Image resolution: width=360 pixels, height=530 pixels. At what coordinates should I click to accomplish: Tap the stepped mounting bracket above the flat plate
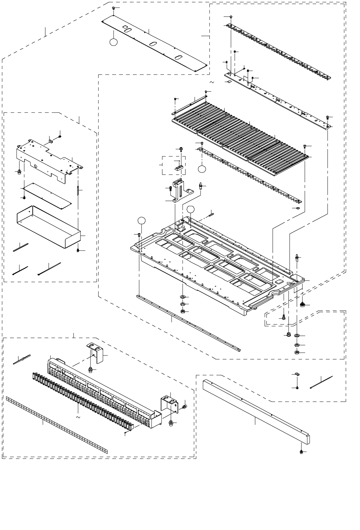[x=48, y=159]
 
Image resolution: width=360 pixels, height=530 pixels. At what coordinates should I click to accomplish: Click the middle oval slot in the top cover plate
[x=152, y=44]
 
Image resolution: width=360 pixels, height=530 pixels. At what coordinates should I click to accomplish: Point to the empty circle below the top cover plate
[x=113, y=42]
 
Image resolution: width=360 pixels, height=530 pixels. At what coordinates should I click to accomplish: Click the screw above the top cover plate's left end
[x=114, y=8]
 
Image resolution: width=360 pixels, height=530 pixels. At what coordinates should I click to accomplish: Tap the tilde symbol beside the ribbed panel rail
[x=211, y=82]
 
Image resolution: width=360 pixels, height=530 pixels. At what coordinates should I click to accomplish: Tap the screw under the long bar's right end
[x=301, y=452]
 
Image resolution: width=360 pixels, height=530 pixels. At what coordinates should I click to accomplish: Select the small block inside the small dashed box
[x=178, y=168]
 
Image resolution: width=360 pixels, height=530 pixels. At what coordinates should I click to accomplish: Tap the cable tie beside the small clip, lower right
[x=321, y=382]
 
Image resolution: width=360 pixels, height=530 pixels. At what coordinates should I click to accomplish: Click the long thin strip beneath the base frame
[x=188, y=323]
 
